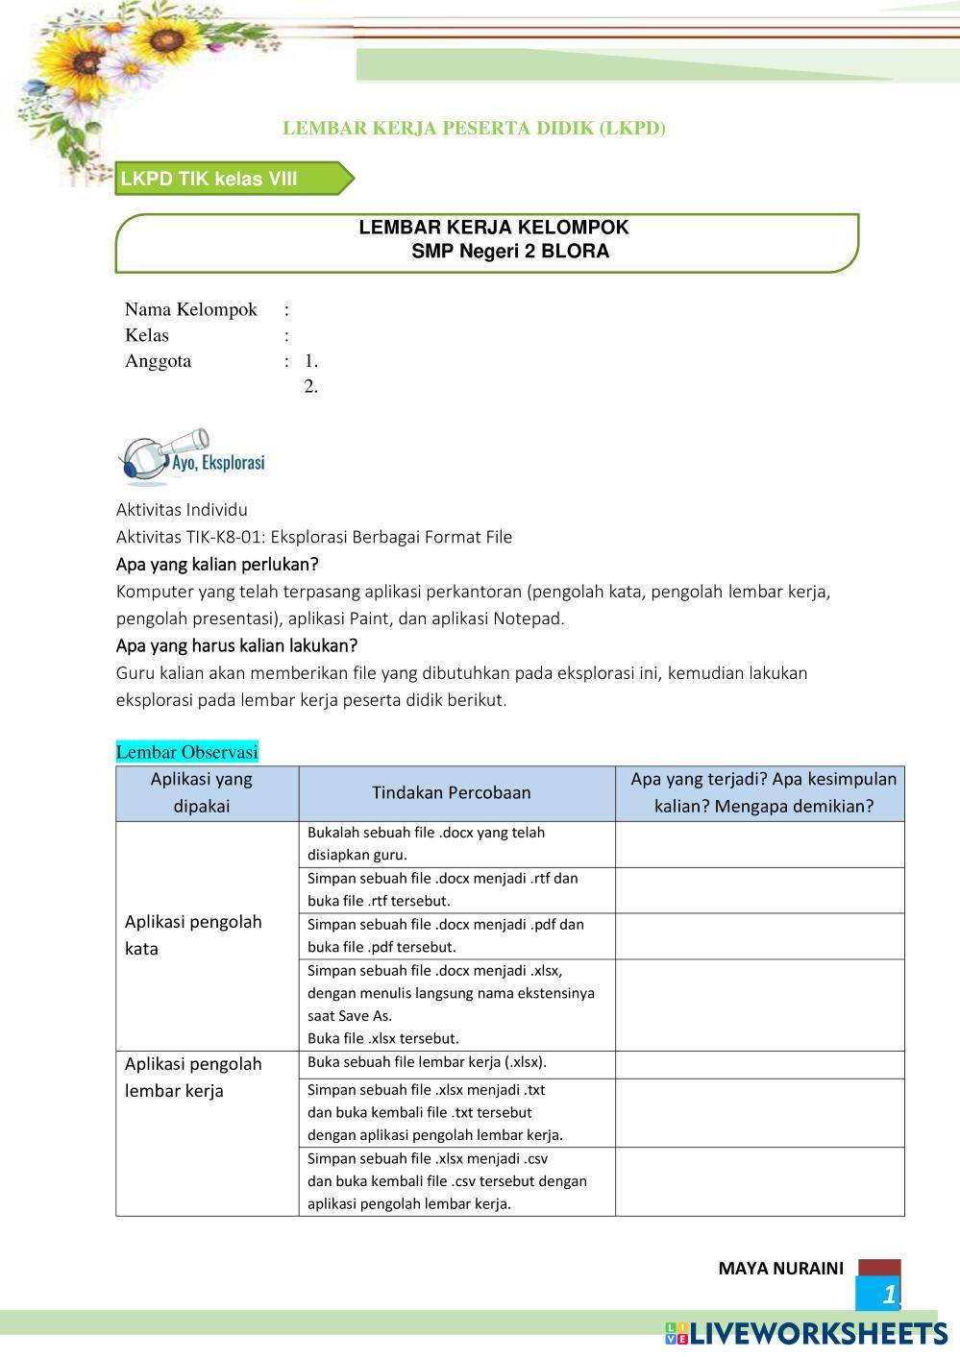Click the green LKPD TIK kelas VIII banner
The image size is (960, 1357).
pos(231,179)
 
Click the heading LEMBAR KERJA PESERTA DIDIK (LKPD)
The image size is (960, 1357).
pos(474,128)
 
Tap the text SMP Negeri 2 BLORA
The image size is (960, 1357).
pos(509,252)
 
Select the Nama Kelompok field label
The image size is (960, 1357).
pos(191,309)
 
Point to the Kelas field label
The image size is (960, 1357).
pos(147,335)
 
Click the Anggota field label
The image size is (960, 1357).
pos(159,361)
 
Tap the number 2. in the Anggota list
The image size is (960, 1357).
pos(310,386)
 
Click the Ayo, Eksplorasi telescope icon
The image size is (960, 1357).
pos(190,457)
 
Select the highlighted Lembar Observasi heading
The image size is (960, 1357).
pos(187,752)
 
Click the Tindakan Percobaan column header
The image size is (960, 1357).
pos(451,792)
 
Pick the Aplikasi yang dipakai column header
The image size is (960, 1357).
pos(202,792)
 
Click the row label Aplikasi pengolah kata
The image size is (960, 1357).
pos(193,934)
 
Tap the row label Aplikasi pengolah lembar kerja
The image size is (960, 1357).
pos(193,1077)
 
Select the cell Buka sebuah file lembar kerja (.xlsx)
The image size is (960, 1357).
pos(427,1062)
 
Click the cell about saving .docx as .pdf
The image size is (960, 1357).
pos(446,935)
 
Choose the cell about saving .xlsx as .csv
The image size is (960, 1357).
pos(447,1180)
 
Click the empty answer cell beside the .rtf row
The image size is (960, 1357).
pos(759,889)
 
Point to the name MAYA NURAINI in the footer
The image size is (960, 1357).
pos(780,1268)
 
